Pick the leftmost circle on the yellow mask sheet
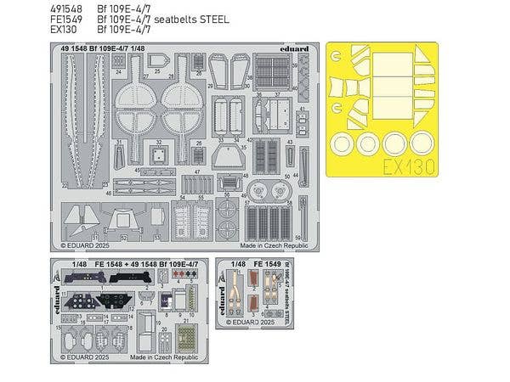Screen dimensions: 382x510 (x=343, y=141)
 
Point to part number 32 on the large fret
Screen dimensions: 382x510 (x=157, y=142)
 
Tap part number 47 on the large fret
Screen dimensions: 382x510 (x=196, y=172)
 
